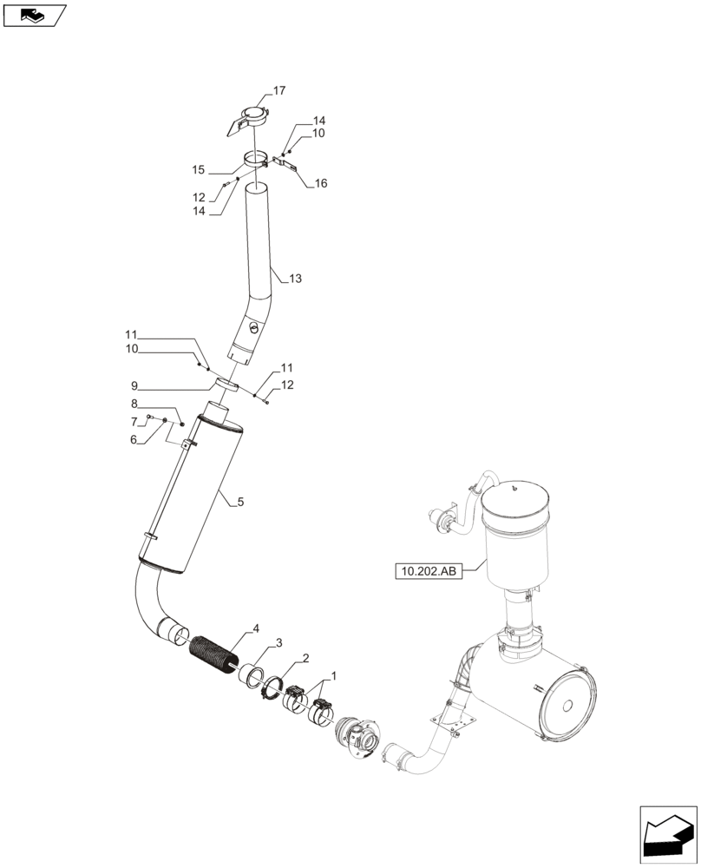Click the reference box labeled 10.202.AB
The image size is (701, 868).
(x=428, y=571)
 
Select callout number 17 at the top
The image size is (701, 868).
(x=279, y=90)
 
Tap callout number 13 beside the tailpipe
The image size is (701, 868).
(x=296, y=279)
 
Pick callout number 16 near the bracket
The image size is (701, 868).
(x=297, y=183)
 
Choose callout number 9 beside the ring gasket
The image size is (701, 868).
(x=134, y=385)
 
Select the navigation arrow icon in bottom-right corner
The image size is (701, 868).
(x=668, y=835)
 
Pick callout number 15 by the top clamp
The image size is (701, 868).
(x=198, y=169)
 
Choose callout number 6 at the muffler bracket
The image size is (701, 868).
(x=134, y=440)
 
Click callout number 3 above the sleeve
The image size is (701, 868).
(x=278, y=643)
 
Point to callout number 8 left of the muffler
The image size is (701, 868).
(x=134, y=404)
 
